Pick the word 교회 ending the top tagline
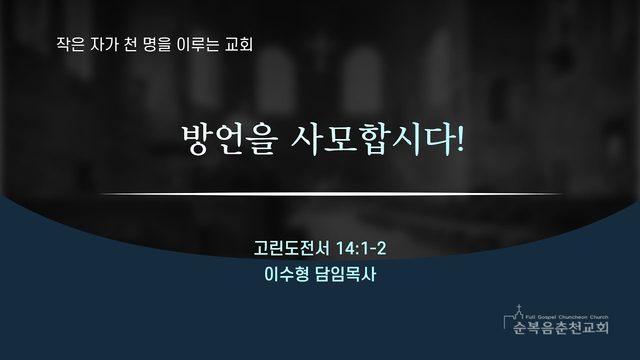click(239, 44)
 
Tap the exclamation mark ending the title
click(460, 139)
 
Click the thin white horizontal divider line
click(331, 194)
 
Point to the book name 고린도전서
click(291, 248)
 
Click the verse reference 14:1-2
click(361, 248)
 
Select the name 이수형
click(286, 274)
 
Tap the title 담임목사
click(345, 274)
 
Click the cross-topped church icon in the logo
click(518, 313)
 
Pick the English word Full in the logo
click(529, 317)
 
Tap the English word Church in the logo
click(599, 317)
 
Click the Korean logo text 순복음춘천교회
click(561, 327)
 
